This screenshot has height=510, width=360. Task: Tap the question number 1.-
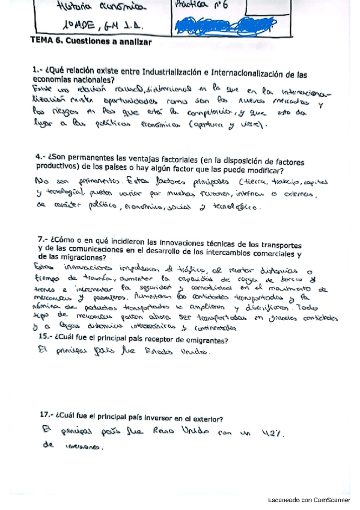[37, 71]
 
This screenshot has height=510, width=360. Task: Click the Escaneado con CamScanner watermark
[308, 499]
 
